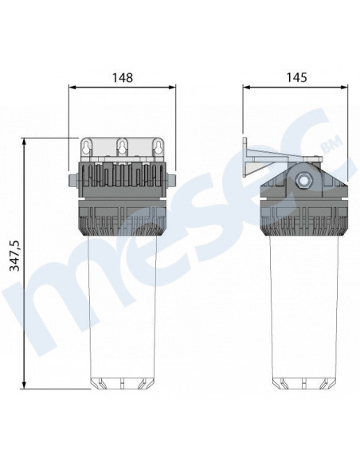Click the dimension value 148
[123, 78]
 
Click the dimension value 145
[296, 78]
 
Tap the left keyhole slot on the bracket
[86, 147]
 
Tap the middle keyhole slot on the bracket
[122, 147]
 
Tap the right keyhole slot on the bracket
[157, 147]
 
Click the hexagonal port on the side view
[303, 179]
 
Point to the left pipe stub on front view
[73, 181]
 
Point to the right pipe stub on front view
[170, 181]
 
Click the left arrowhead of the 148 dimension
[72, 88]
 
